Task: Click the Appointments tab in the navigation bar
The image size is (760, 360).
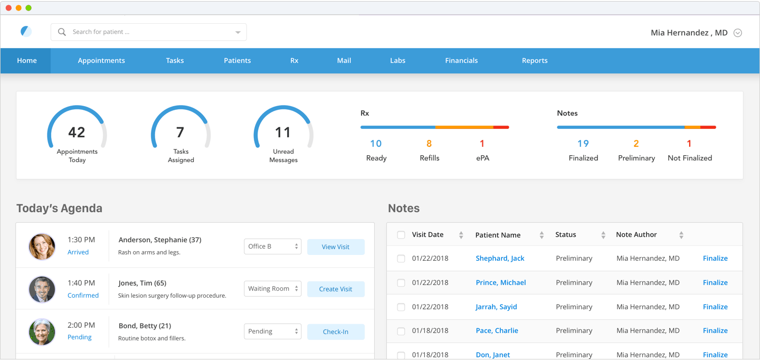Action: tap(101, 60)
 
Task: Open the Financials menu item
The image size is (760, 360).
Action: tap(461, 60)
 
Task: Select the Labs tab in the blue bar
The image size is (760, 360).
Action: tap(397, 60)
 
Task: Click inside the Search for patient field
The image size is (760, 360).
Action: tap(149, 32)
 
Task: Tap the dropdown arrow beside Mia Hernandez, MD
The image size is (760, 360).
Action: tap(738, 33)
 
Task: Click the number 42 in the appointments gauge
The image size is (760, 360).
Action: tap(77, 132)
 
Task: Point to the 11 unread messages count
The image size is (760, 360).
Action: tap(283, 132)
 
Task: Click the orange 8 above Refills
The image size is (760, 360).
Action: tap(429, 144)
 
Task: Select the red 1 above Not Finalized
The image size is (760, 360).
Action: tap(689, 144)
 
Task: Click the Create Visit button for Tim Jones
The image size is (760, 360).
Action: tap(336, 289)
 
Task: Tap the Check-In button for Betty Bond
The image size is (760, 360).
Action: tap(336, 332)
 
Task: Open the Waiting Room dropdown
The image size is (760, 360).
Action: tap(272, 289)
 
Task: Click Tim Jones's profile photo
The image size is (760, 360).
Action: tap(42, 289)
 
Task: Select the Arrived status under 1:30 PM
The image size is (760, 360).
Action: tap(78, 252)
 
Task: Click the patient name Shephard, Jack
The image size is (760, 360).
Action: tap(500, 258)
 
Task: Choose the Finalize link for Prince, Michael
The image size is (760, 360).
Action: tap(715, 282)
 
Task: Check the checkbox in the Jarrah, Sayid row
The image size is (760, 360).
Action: tap(401, 307)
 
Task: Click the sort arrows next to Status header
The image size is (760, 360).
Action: tap(603, 235)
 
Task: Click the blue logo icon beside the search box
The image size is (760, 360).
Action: tap(26, 32)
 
